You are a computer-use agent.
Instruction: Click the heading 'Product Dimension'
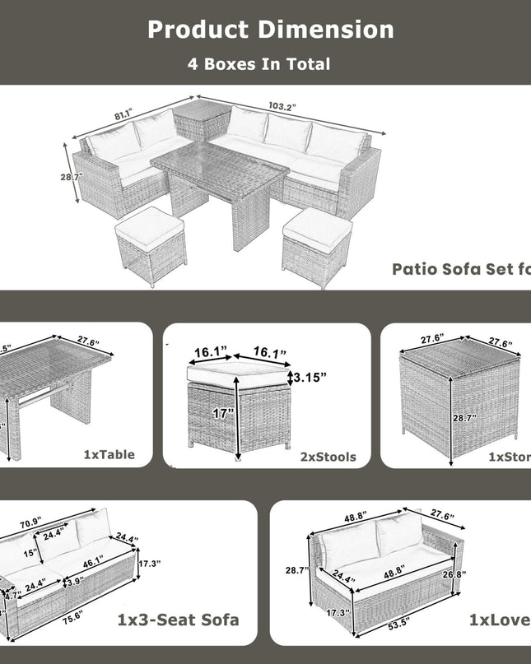coord(270,30)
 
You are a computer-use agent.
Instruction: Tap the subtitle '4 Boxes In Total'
coord(259,64)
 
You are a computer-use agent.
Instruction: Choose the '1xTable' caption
coord(109,454)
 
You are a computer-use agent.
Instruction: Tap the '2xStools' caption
coord(328,456)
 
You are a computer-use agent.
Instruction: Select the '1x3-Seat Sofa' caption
coord(179,619)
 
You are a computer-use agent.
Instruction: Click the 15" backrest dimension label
coord(30,554)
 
